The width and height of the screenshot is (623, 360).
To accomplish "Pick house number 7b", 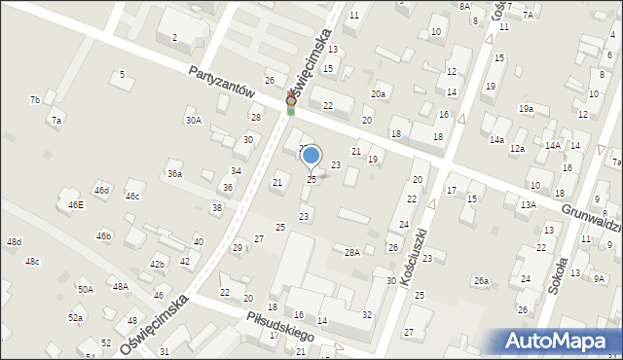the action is pyautogui.click(x=35, y=99).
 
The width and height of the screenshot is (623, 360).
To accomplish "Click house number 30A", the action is pyautogui.click(x=194, y=120).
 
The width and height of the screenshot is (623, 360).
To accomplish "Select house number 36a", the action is pyautogui.click(x=174, y=173).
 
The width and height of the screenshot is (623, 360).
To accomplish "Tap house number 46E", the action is pyautogui.click(x=75, y=205).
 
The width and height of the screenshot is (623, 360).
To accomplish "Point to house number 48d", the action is pyautogui.click(x=14, y=241).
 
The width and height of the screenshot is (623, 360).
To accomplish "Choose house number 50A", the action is pyautogui.click(x=86, y=289).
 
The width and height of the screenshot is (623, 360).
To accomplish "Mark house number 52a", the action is pyautogui.click(x=76, y=318).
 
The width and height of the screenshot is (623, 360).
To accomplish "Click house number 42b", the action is pyautogui.click(x=157, y=264).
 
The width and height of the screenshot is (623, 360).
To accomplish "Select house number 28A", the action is pyautogui.click(x=352, y=252).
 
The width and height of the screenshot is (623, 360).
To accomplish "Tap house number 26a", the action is pyautogui.click(x=480, y=280).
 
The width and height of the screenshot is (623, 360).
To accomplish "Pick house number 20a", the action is pyautogui.click(x=378, y=94).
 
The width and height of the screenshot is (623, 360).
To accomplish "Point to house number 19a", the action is pyautogui.click(x=526, y=108).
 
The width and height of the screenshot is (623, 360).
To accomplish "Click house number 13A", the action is pyautogui.click(x=529, y=205).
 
